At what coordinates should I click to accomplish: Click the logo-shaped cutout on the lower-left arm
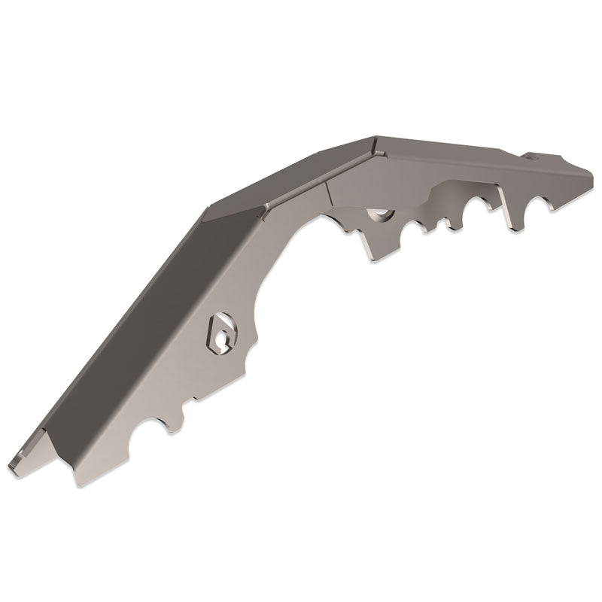(220, 331)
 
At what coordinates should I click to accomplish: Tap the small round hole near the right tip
(535, 157)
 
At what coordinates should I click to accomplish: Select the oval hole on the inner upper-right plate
(381, 215)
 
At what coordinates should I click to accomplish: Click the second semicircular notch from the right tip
(482, 208)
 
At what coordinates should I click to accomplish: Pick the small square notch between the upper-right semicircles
(445, 223)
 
